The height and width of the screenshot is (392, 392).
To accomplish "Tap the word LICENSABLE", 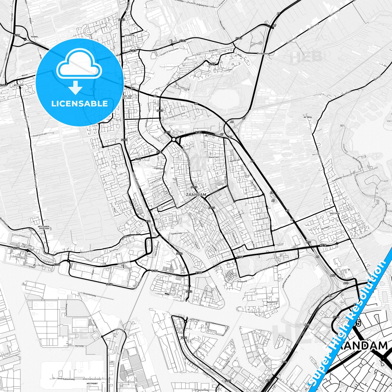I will [79, 103].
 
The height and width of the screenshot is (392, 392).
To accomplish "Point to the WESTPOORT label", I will [92, 384].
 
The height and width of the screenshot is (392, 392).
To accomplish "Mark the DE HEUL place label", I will [308, 117].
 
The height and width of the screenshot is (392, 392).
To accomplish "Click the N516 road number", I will [323, 245].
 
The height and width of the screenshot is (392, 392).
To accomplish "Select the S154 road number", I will [17, 35].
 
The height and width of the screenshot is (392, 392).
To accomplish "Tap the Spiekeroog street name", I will [176, 233].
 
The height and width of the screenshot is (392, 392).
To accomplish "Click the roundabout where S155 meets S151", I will [174, 139].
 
